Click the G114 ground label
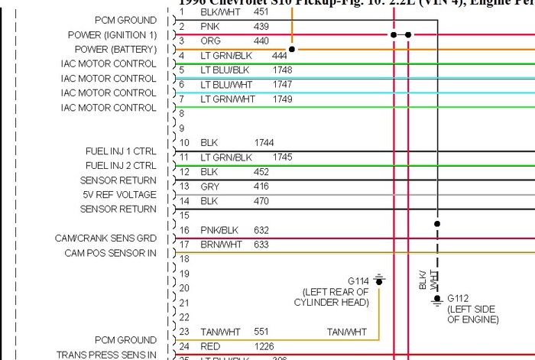358,281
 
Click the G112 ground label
458,298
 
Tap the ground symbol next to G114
378,281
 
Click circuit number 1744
264,143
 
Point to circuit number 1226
264,347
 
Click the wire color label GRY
210,186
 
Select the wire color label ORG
211,41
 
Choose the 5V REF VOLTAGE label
119,195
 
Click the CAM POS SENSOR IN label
110,253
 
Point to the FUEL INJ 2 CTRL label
121,166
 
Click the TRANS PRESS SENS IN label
106,355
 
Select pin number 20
184,289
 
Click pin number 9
182,128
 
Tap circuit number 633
261,245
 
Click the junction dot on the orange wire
291,48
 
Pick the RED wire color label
210,347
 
